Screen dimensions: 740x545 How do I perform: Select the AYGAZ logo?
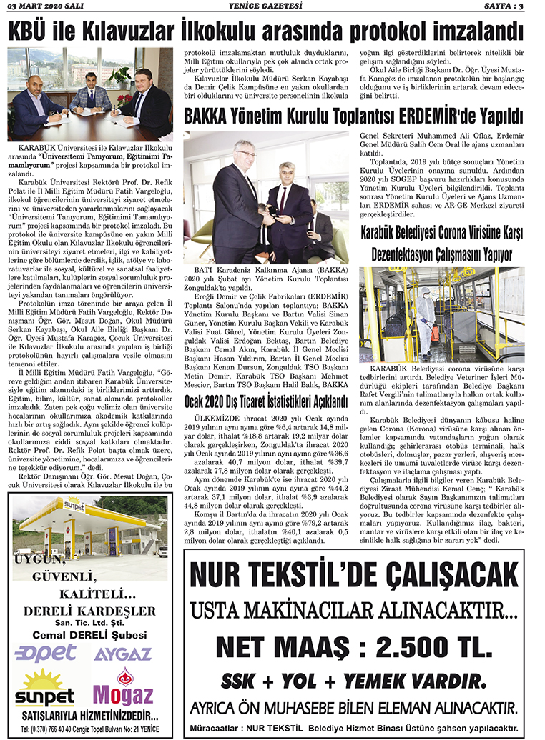pyautogui.click(x=122, y=653)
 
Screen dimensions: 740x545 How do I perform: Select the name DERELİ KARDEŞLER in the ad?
pyautogui.click(x=89, y=611)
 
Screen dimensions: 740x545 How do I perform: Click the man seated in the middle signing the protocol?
pyautogui.click(x=90, y=91)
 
